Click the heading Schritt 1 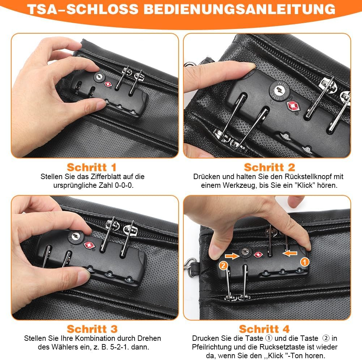[x=91, y=167]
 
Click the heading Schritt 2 [x=269, y=167]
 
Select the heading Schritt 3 [x=92, y=329]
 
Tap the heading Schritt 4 [x=264, y=329]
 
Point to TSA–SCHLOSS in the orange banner [x=83, y=9]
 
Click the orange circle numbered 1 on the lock [x=304, y=262]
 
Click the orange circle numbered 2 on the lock [x=223, y=265]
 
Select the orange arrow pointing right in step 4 [x=232, y=256]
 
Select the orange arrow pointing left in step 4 [x=290, y=253]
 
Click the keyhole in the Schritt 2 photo [x=280, y=90]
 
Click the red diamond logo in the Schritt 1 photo [x=108, y=84]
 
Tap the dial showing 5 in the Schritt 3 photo [x=90, y=269]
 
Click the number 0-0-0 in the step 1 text [x=124, y=185]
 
